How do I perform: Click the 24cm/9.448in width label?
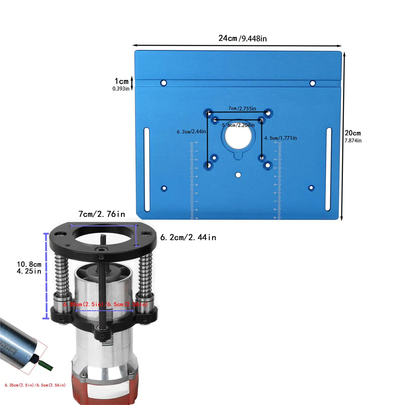pyautogui.click(x=242, y=38)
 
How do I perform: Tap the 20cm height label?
pyautogui.click(x=353, y=136)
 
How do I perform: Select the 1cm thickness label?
pyautogui.click(x=121, y=84)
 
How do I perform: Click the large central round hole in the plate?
pyautogui.click(x=238, y=137)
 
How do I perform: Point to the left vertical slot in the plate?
pyautogui.click(x=147, y=170)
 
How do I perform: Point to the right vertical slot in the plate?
pyautogui.click(x=329, y=169)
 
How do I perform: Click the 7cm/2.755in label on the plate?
pyautogui.click(x=242, y=109)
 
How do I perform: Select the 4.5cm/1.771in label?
pyautogui.click(x=280, y=138)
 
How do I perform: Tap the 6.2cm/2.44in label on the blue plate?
pyautogui.click(x=191, y=132)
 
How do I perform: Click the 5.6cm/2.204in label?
pyautogui.click(x=238, y=125)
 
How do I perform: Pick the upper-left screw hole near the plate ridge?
pyautogui.click(x=164, y=83)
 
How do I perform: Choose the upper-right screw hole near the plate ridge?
pyautogui.click(x=313, y=83)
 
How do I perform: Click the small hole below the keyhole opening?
pyautogui.click(x=238, y=175)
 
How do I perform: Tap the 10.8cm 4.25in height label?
pyautogui.click(x=29, y=268)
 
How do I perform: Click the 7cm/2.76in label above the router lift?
pyautogui.click(x=102, y=214)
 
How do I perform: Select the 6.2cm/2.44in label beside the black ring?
pyautogui.click(x=188, y=237)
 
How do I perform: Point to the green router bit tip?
pyautogui.click(x=47, y=366)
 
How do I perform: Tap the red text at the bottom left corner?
pyautogui.click(x=35, y=385)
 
